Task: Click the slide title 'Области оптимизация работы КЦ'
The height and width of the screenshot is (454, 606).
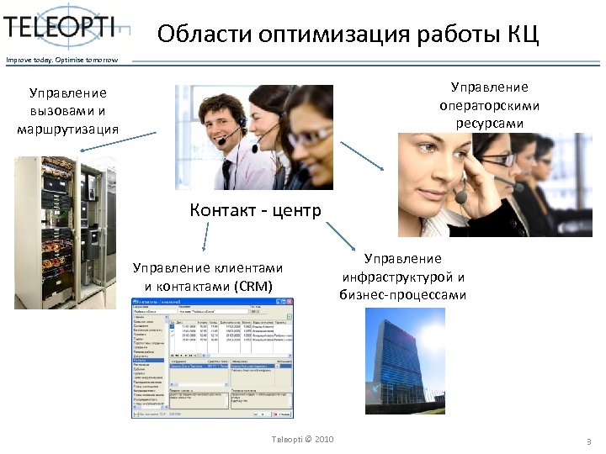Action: pyautogui.click(x=347, y=35)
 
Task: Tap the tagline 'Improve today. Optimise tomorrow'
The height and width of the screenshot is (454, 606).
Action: pyautogui.click(x=57, y=59)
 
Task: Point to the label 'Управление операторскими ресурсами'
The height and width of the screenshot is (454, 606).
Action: pyautogui.click(x=489, y=105)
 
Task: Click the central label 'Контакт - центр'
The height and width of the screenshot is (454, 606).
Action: pyautogui.click(x=255, y=209)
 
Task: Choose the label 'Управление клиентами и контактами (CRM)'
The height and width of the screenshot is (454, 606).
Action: pyautogui.click(x=208, y=276)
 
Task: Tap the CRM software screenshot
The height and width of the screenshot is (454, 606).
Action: pyautogui.click(x=213, y=357)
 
